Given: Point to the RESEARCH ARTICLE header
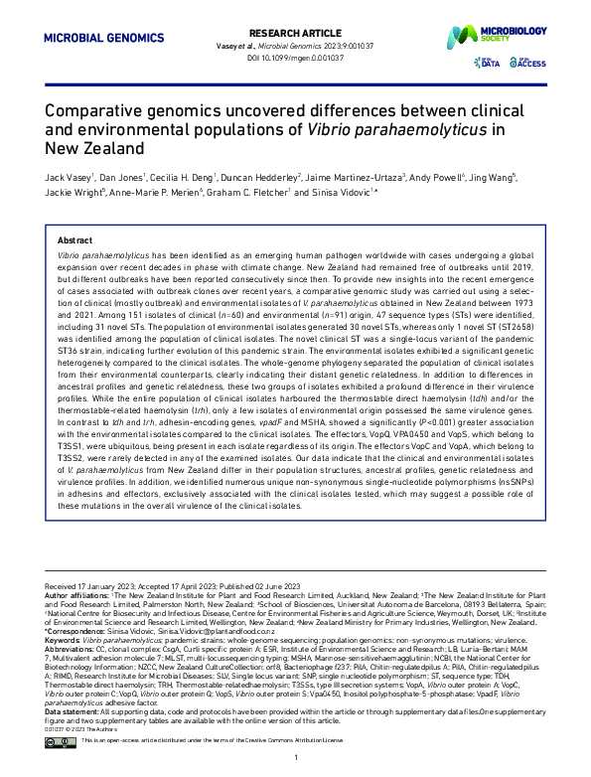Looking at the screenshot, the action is tap(297, 32).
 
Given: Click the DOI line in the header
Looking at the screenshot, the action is tap(297, 58).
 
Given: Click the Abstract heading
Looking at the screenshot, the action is tap(76, 241).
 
